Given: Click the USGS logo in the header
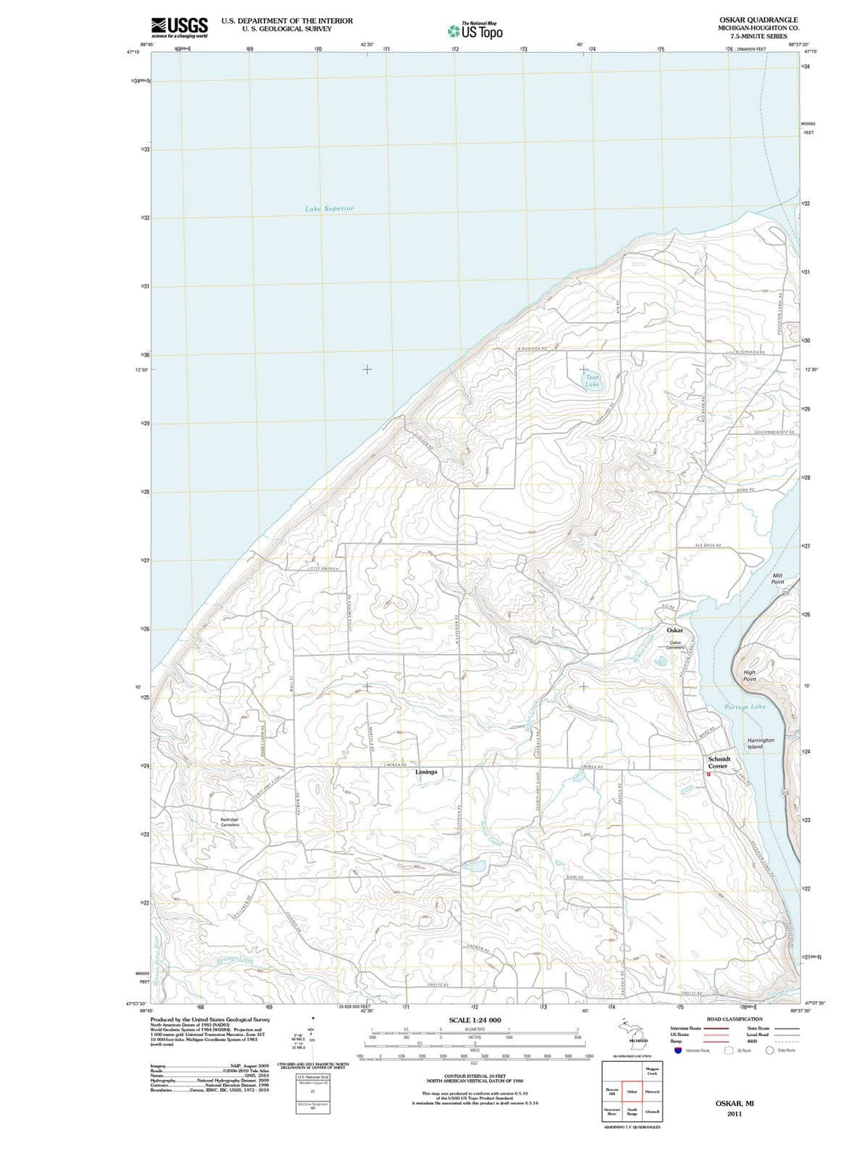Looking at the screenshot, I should click(179, 27).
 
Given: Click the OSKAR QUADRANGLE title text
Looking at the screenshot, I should click(757, 20).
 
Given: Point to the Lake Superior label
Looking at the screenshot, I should click(329, 209).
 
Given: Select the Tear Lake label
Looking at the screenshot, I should click(592, 381).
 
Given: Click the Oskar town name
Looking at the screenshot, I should click(674, 630).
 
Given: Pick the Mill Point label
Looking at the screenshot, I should click(778, 578).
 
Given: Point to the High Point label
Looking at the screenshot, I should click(749, 676).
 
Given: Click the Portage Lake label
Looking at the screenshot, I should click(745, 707).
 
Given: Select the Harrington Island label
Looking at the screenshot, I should click(760, 743).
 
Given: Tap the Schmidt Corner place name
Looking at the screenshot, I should click(719, 762).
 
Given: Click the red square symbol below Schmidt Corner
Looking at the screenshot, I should click(708, 774).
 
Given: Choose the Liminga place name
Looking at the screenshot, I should click(426, 772).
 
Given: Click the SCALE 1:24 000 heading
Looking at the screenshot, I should click(474, 1020).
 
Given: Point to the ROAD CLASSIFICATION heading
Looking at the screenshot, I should click(734, 1019).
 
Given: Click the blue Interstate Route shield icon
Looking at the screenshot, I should click(678, 1050).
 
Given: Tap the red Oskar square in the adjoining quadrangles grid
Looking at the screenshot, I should click(632, 1092).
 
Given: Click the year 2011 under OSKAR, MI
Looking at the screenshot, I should click(734, 1114).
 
